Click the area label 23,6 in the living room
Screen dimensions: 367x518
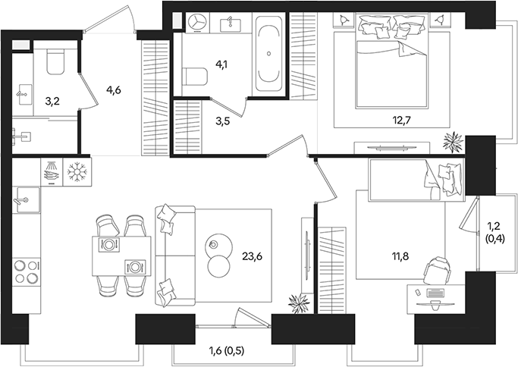tap(253, 256)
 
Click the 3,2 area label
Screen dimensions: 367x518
tap(54, 99)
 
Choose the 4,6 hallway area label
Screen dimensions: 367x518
tap(114, 91)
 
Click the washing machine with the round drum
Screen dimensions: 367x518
tap(196, 23)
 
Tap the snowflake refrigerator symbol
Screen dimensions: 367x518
tap(77, 171)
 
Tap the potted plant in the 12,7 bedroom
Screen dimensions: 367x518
tap(453, 141)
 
